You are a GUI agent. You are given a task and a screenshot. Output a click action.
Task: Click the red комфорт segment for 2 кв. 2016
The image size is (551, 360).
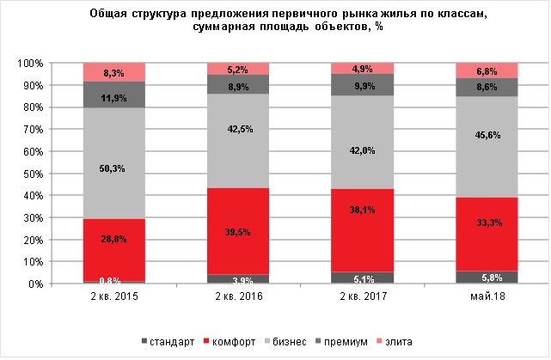click(237, 231)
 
